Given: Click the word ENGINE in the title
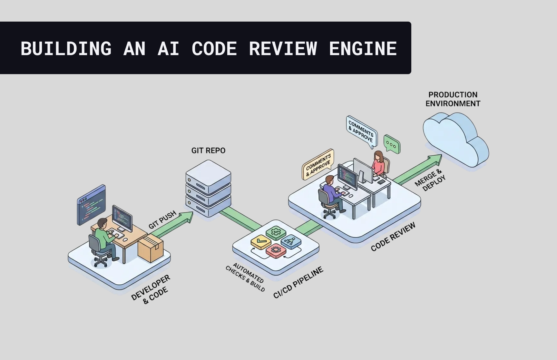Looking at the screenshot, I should click(363, 48).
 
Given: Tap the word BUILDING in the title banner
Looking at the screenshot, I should click(66, 48).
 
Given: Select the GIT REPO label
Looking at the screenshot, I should click(208, 151).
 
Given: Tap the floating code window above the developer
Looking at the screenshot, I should click(92, 205).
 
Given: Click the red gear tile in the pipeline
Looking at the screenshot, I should click(276, 250).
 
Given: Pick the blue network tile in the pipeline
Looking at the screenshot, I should click(291, 241).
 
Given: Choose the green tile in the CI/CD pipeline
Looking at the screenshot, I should click(276, 232).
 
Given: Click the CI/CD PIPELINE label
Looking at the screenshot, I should click(298, 283).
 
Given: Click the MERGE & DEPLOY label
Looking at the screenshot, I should click(430, 180).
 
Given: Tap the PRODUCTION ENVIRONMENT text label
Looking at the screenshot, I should click(453, 99).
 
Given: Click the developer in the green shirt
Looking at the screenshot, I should click(104, 237).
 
